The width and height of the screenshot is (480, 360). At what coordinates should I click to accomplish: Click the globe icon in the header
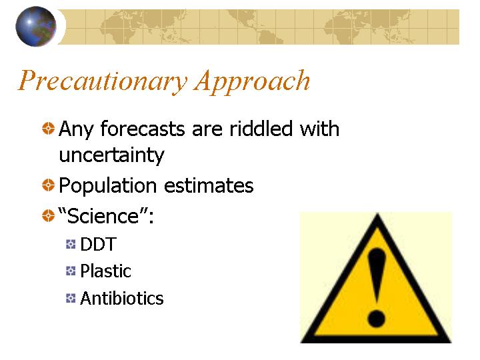click(x=36, y=26)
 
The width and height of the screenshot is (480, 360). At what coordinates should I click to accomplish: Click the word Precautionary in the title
click(x=103, y=81)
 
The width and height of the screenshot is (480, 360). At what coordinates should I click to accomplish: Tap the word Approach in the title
click(x=252, y=81)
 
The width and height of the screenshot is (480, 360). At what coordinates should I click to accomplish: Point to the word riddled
click(x=261, y=128)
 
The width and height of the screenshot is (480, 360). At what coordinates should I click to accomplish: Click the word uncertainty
click(x=112, y=155)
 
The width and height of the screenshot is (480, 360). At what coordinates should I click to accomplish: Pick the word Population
click(x=108, y=186)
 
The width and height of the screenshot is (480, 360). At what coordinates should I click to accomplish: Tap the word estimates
click(x=209, y=185)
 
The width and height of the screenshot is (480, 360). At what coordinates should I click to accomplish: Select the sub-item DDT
click(x=98, y=244)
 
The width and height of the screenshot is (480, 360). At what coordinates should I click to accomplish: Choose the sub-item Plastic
click(x=105, y=271)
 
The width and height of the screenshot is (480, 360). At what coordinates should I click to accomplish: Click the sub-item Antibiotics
click(x=122, y=298)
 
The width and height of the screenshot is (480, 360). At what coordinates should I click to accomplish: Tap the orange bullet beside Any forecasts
click(x=48, y=128)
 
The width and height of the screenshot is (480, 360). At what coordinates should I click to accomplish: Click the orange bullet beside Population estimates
click(x=48, y=185)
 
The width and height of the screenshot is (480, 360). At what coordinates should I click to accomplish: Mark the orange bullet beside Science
click(x=48, y=215)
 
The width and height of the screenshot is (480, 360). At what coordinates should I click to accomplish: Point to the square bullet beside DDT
click(x=71, y=244)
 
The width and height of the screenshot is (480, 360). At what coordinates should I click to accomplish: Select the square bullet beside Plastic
click(x=71, y=271)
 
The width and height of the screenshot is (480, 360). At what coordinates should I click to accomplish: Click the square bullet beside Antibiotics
click(x=71, y=298)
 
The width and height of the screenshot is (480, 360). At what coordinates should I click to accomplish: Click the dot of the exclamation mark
click(x=376, y=319)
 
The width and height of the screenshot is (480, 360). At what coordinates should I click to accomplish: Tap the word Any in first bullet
click(x=76, y=129)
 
